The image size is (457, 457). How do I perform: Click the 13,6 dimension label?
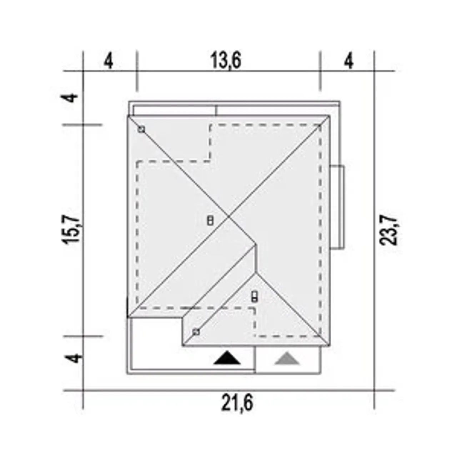[226, 60]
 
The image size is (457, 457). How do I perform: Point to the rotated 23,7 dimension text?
[388, 230]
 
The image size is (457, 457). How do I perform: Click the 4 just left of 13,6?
[109, 61]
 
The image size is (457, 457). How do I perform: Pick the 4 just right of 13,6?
[349, 61]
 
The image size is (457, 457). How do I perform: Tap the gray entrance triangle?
[287, 358]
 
